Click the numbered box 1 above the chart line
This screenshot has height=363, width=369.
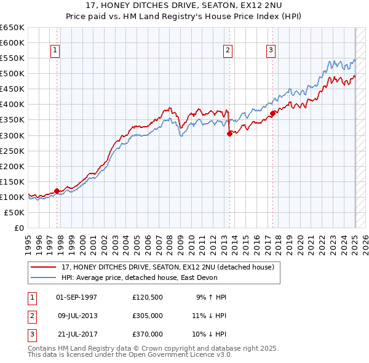pyautogui.click(x=55, y=50)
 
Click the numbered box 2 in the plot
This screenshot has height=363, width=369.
pyautogui.click(x=228, y=50)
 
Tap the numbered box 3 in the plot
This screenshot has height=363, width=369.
pyautogui.click(x=271, y=50)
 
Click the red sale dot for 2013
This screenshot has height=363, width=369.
pyautogui.click(x=229, y=134)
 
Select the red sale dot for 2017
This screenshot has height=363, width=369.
pyautogui.click(x=272, y=113)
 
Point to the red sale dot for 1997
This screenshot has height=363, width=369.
pyautogui.click(x=57, y=191)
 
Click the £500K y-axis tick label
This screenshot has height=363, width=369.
pyautogui.click(x=12, y=73)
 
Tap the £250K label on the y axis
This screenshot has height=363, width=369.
pyautogui.click(x=12, y=151)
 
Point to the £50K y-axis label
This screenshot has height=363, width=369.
pyautogui.click(x=15, y=212)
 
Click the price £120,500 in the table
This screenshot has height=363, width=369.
pyautogui.click(x=147, y=297)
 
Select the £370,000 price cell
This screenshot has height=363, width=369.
pyautogui.click(x=147, y=334)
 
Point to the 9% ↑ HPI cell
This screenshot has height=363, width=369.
pyautogui.click(x=211, y=297)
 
